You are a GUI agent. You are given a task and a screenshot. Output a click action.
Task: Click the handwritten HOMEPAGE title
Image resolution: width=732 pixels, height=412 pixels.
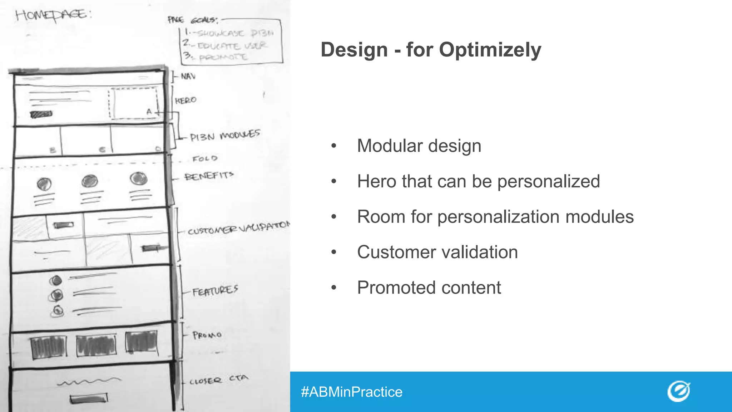[53, 16]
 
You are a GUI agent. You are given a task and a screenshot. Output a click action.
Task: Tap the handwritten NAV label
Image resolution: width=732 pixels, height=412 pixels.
[188, 76]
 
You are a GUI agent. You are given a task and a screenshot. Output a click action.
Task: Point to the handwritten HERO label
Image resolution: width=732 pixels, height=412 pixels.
[186, 100]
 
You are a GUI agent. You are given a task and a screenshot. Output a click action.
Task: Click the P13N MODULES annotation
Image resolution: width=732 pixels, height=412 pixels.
[225, 136]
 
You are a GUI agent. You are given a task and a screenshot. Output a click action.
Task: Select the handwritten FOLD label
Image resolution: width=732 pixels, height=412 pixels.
[204, 158]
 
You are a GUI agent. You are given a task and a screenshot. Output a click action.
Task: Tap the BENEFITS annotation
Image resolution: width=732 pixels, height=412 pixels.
[209, 176]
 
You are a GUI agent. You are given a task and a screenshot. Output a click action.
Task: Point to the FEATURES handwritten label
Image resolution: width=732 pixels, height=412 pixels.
[215, 291]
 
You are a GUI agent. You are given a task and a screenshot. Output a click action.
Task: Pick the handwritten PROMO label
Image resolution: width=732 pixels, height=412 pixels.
[207, 335]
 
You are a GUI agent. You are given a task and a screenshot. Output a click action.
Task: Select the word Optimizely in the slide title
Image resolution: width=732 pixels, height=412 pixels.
[490, 50]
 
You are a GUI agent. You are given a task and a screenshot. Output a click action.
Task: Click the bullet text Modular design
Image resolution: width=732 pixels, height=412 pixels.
[419, 146]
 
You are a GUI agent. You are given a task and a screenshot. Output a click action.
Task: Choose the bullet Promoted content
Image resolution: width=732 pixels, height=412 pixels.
[429, 288]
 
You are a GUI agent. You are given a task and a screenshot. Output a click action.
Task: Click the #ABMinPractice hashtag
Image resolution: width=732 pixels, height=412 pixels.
[352, 392]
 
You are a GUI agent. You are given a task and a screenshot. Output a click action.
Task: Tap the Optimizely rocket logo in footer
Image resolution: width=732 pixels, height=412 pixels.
[679, 391]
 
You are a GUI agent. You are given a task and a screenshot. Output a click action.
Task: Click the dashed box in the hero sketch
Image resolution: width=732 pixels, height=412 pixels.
[133, 103]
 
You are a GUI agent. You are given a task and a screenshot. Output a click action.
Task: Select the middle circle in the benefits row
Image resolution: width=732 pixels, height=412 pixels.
[89, 181]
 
